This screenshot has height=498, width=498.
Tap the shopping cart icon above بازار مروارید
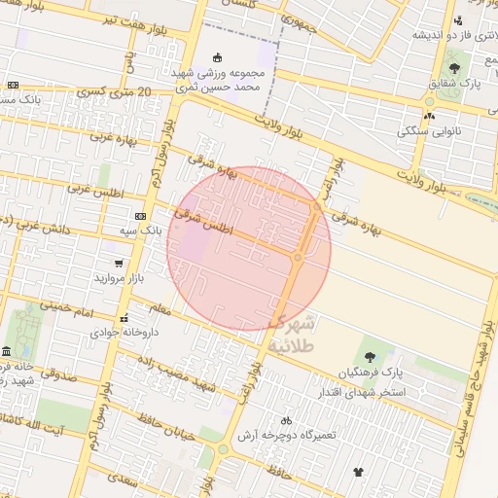click(119, 264)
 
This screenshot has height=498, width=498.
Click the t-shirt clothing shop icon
click(359, 471)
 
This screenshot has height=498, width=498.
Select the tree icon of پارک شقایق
click(454, 68)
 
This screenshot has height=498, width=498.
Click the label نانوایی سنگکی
click(436, 130)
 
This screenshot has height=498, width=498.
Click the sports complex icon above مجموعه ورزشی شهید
click(217, 56)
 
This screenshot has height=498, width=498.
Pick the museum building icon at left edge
click(7, 350)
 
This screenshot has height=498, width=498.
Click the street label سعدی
click(122, 479)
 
